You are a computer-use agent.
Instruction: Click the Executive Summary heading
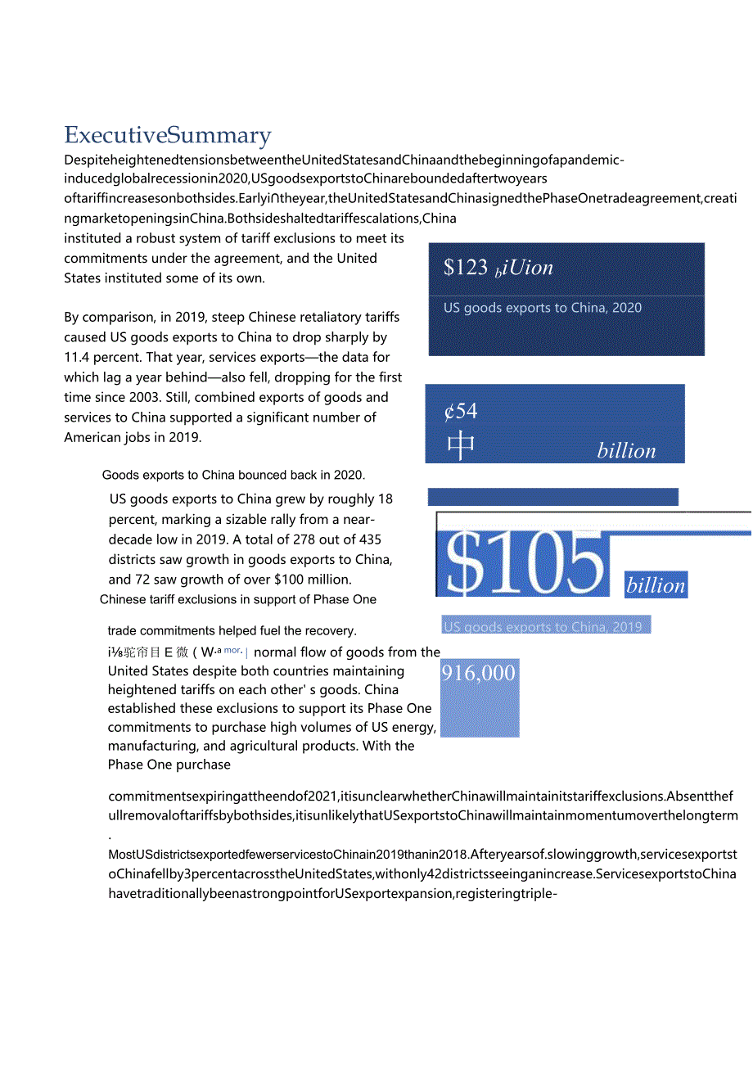[168, 135]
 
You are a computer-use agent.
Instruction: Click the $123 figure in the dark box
[465, 267]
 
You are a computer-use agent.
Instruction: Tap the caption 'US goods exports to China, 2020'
[543, 308]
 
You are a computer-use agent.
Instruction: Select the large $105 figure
[524, 565]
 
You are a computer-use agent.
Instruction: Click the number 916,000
[479, 673]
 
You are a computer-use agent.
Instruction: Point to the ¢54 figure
[461, 411]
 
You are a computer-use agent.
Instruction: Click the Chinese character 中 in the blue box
[462, 446]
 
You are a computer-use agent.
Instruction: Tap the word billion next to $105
[656, 585]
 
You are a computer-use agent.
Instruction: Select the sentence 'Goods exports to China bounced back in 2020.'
[234, 475]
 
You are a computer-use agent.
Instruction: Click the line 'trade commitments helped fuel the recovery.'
[232, 630]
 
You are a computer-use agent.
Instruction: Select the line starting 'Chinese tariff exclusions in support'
[238, 599]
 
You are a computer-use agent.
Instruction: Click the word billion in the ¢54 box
[626, 451]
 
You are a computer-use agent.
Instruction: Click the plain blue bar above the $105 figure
[553, 497]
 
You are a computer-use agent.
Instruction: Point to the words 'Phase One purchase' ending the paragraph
[169, 765]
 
